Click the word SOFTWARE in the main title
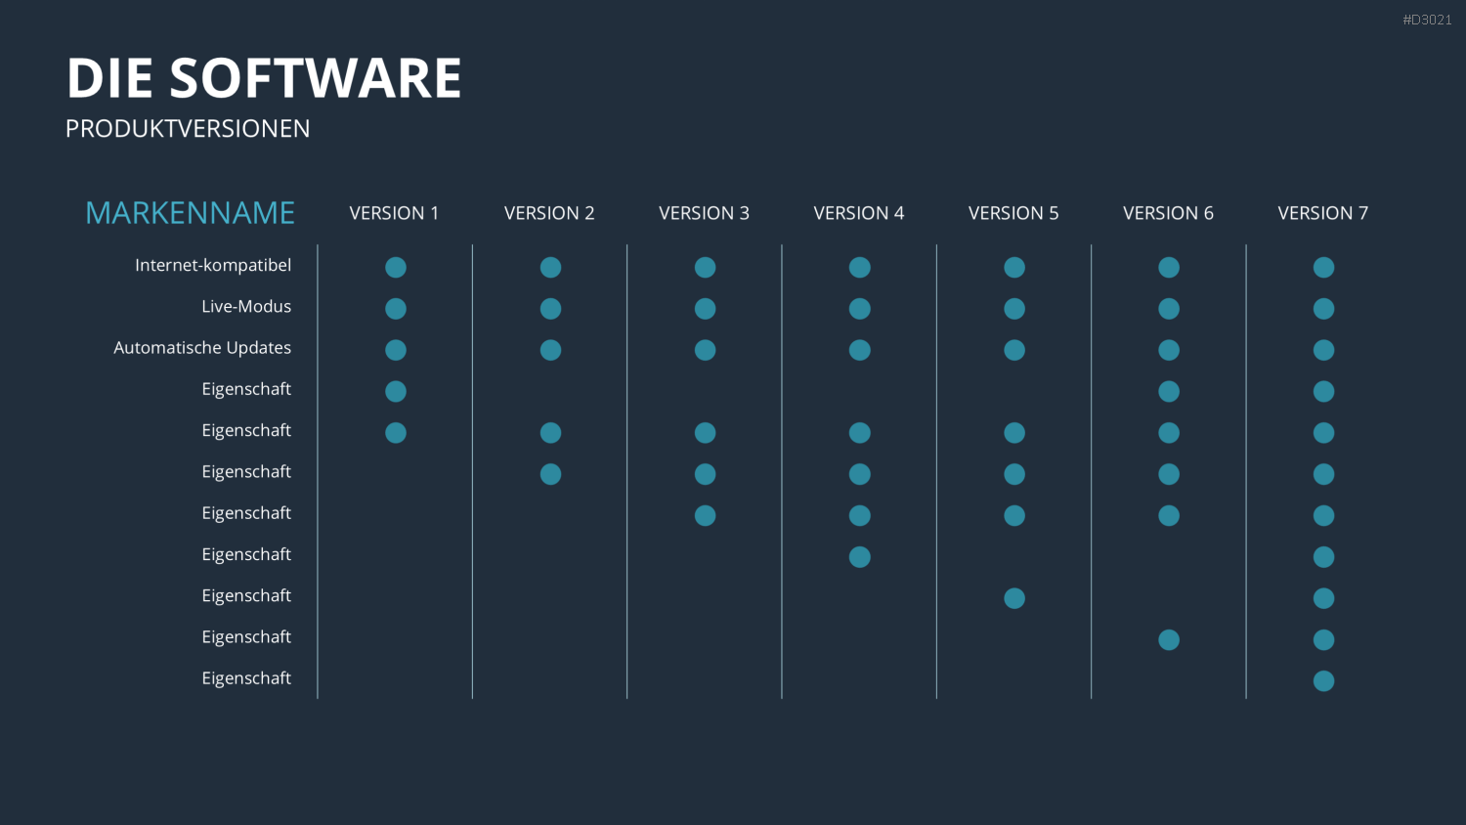point(316,77)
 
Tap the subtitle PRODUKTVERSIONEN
point(188,128)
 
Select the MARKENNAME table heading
point(190,213)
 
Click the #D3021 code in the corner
point(1427,20)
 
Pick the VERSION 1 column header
point(394,213)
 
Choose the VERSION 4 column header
point(859,213)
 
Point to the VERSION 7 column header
point(1322,213)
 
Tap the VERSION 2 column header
point(549,213)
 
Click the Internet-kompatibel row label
point(213,265)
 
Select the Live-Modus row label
point(246,306)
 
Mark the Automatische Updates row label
point(202,348)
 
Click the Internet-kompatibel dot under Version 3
point(705,267)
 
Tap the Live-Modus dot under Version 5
point(1014,308)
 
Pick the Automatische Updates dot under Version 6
point(1169,350)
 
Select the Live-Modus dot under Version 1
point(395,308)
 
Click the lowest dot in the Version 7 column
point(1323,681)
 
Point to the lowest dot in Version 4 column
point(859,556)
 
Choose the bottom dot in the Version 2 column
point(550,474)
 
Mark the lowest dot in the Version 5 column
point(1014,598)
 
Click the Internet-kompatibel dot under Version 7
point(1323,267)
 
